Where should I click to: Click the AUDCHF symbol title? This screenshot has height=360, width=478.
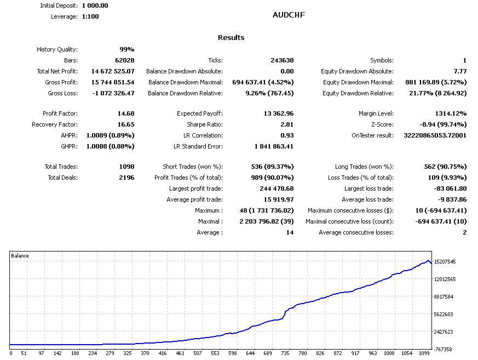(x=289, y=15)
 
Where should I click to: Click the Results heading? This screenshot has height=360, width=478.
(x=231, y=37)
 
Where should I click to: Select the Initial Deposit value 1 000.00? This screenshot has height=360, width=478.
(x=95, y=5)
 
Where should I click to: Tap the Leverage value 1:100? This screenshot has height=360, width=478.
(x=91, y=16)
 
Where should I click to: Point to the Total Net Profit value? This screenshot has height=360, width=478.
(x=108, y=71)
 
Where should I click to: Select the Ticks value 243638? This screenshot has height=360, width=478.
(x=283, y=60)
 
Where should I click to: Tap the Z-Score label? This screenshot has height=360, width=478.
(x=381, y=124)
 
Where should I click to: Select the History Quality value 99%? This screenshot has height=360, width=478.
(x=126, y=49)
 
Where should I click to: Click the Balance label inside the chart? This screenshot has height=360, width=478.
(x=20, y=256)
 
